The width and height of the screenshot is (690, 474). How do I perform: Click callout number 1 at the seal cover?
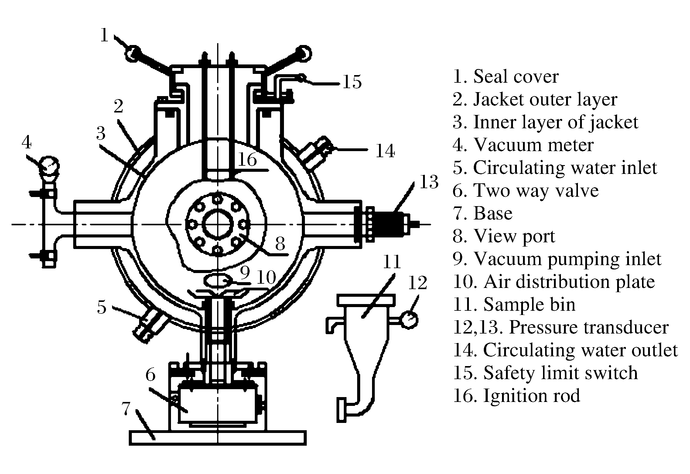coord(104,36)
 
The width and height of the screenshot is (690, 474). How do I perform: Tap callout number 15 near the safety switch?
coord(352,82)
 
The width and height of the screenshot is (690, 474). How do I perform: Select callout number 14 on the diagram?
coord(385,151)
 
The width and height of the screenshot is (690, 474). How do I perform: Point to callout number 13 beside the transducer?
coord(429,182)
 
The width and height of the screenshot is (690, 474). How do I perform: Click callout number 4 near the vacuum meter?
coord(27,142)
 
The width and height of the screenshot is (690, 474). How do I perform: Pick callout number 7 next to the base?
coord(126,408)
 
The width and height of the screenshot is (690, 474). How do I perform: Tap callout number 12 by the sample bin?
coord(417,282)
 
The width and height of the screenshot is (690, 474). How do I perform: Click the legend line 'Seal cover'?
coord(505,76)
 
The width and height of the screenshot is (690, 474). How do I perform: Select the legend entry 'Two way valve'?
coord(525,191)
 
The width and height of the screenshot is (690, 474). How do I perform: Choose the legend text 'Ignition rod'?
coord(516,396)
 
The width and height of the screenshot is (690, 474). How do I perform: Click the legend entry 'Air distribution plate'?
coord(553,282)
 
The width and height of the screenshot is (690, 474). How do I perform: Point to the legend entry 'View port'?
coord(504,236)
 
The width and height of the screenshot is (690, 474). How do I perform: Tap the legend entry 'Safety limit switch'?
coord(545,373)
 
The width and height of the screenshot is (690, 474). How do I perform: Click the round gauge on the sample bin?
coord(409,320)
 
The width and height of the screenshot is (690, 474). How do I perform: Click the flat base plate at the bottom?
coord(217,438)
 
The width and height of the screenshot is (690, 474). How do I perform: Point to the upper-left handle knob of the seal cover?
coord(133,54)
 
